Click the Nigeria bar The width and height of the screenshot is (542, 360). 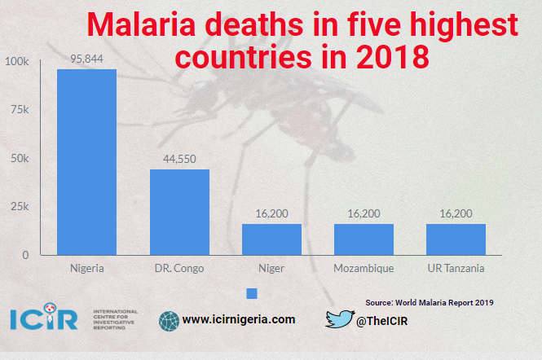[86, 162]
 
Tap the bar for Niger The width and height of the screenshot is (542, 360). [271, 239]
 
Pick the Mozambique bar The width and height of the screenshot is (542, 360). [364, 239]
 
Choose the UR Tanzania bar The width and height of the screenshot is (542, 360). [456, 239]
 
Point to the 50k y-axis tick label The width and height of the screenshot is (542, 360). [20, 159]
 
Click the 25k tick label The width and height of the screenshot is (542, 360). [20, 207]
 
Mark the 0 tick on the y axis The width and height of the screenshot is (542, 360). [25, 255]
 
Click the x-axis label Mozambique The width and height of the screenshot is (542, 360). [364, 268]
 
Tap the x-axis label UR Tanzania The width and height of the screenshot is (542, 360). [456, 268]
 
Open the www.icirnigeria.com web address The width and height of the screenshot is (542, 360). [238, 320]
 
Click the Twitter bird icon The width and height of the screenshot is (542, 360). [338, 319]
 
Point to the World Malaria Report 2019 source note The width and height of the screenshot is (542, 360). [430, 302]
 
